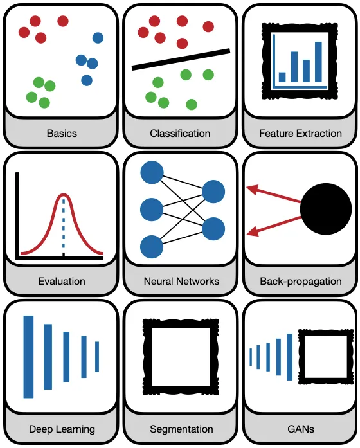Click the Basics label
(62, 134)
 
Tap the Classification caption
(180, 134)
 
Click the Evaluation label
(62, 281)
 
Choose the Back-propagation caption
(301, 282)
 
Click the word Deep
(41, 429)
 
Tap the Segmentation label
(181, 429)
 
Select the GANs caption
(301, 429)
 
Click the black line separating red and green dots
(181, 59)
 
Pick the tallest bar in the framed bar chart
(318, 62)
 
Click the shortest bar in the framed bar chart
(282, 77)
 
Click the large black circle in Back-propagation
(326, 209)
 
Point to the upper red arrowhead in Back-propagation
(253, 190)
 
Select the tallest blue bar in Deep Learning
(28, 357)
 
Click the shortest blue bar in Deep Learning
(97, 357)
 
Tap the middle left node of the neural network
(152, 210)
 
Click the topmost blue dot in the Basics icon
(98, 38)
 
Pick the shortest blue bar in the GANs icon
(251, 357)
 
